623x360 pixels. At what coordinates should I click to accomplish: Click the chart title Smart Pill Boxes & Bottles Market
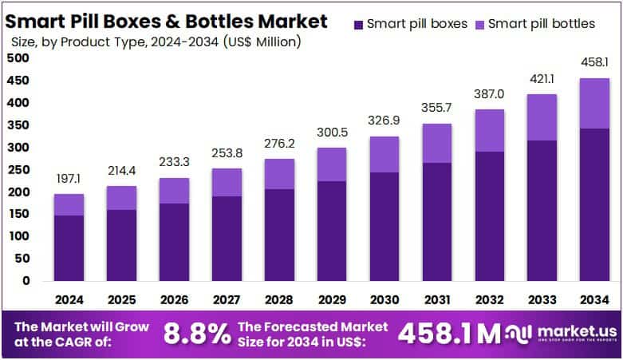point(168,20)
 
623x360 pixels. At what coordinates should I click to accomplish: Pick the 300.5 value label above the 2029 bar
point(331,132)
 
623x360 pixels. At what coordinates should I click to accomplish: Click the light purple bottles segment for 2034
point(593,103)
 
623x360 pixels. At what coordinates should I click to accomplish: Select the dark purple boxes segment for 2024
point(69,247)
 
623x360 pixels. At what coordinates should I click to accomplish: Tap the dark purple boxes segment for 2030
point(384,226)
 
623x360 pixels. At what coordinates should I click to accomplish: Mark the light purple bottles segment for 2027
point(227,182)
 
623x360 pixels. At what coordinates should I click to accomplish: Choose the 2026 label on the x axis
point(174,301)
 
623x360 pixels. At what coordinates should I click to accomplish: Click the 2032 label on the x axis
point(489,301)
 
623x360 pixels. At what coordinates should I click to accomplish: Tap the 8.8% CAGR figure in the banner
point(196,334)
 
